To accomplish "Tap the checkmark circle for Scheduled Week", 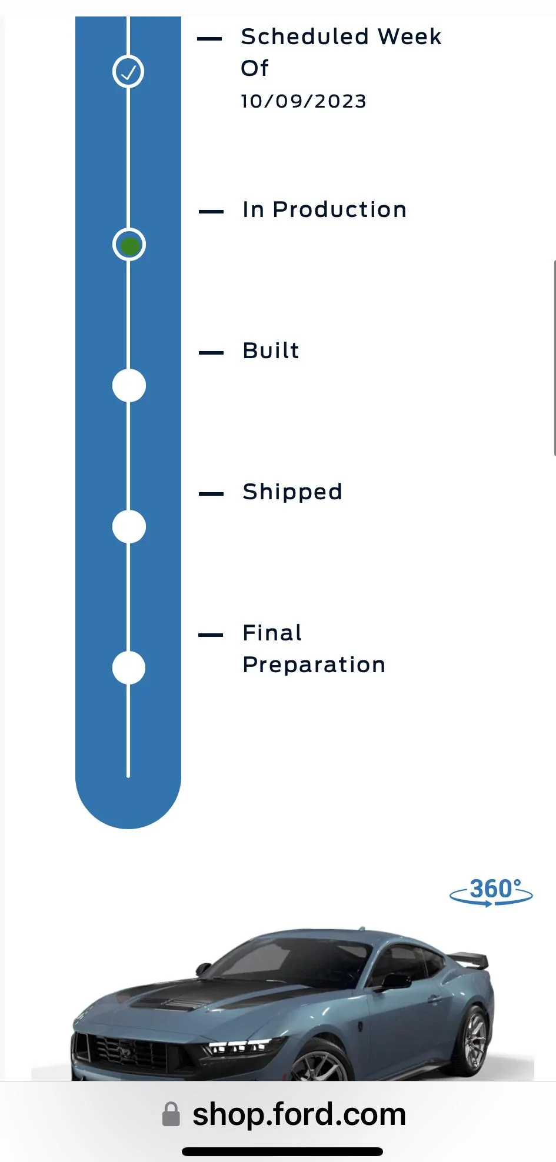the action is [x=128, y=72].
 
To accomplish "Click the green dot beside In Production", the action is [x=129, y=245].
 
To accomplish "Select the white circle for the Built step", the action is [x=129, y=386].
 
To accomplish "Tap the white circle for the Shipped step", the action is [x=129, y=527].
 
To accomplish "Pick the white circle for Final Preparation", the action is [x=129, y=668].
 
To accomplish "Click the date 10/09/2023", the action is [x=304, y=101].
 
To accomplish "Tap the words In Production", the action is [x=324, y=210].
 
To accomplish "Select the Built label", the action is [x=271, y=351].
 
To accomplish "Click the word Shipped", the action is [x=292, y=492].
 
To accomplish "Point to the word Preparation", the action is [x=314, y=665].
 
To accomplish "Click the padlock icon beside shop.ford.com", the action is [x=171, y=1114].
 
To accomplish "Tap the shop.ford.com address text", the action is [x=299, y=1115].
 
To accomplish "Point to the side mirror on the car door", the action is [x=395, y=981].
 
